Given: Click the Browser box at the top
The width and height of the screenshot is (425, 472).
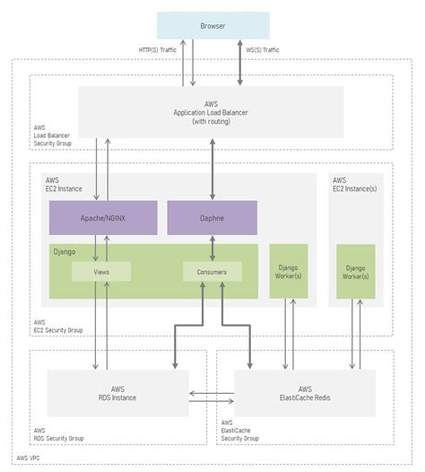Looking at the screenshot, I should (x=212, y=25).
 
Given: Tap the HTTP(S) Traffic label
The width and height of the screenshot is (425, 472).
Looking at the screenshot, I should (x=159, y=51).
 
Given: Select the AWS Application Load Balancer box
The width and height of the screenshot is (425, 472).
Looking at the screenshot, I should (x=212, y=112).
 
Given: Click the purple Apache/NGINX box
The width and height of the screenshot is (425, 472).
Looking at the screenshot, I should (x=101, y=218).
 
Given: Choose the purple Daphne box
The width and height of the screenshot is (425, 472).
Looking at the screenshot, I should (x=212, y=218).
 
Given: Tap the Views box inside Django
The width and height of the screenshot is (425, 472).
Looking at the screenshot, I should (x=101, y=271).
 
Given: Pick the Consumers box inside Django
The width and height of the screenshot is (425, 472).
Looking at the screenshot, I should (x=212, y=271).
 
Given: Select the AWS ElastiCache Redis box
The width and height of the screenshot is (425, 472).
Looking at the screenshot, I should (x=305, y=393).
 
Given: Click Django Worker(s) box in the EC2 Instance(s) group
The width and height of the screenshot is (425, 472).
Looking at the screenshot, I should (x=356, y=272).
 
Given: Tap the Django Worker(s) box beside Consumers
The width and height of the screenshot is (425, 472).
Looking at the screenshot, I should (x=289, y=272).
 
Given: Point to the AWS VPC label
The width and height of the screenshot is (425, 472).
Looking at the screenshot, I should (x=29, y=458).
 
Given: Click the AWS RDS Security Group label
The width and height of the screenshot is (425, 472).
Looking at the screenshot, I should (x=58, y=434).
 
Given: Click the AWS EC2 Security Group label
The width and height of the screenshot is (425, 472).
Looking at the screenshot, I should (x=58, y=326).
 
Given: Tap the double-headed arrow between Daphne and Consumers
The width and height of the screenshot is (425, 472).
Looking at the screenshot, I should (x=212, y=249).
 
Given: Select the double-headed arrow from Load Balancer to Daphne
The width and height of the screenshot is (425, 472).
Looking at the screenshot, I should (x=212, y=169).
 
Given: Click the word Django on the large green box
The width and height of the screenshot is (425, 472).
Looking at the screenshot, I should (x=65, y=253).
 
